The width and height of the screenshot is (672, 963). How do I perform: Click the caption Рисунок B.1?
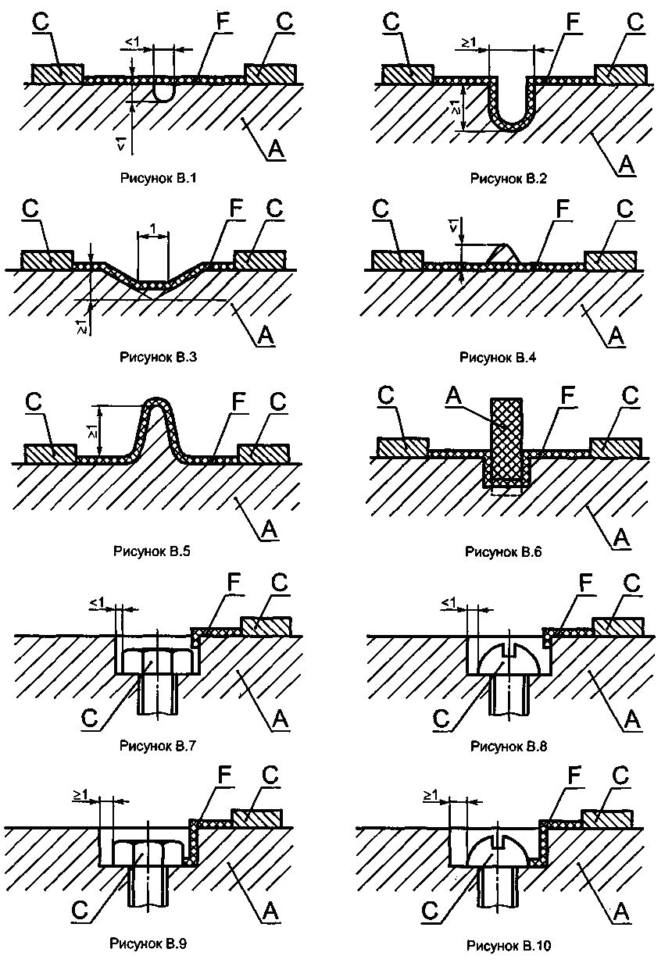coord(159,178)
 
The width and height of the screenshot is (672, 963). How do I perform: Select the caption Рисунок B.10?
coord(509,945)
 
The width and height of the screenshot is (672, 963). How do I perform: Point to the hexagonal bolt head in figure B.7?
coord(158,662)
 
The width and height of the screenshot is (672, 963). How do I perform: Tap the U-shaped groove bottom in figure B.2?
coord(512,123)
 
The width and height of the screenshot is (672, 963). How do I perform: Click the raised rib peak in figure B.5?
coord(158,402)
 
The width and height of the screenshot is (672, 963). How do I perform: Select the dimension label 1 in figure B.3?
coord(152,227)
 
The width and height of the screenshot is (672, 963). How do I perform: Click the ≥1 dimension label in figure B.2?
coord(469,42)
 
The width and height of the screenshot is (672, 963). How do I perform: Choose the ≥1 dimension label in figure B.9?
coord(80,795)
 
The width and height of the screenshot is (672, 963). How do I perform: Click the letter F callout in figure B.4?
coord(563,209)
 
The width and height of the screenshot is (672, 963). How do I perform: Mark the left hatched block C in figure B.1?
coord(57,74)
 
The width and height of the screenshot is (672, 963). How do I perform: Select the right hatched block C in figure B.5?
coord(264,455)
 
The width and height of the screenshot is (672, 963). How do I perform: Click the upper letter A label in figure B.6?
coord(453,394)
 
